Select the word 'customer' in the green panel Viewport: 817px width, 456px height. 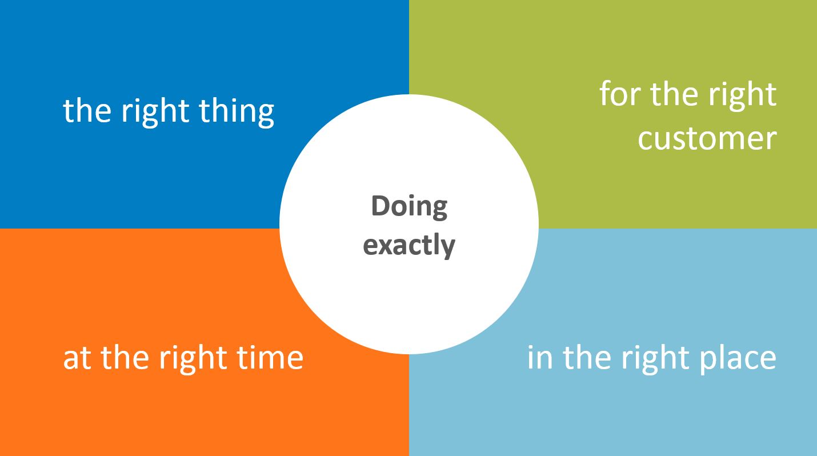[x=707, y=139]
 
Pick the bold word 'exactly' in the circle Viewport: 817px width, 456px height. [x=409, y=246]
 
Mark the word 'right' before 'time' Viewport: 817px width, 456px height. [x=193, y=359]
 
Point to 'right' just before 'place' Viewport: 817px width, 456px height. [x=655, y=359]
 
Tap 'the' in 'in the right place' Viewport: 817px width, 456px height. [x=587, y=357]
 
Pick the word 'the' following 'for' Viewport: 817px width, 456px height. [x=675, y=93]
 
